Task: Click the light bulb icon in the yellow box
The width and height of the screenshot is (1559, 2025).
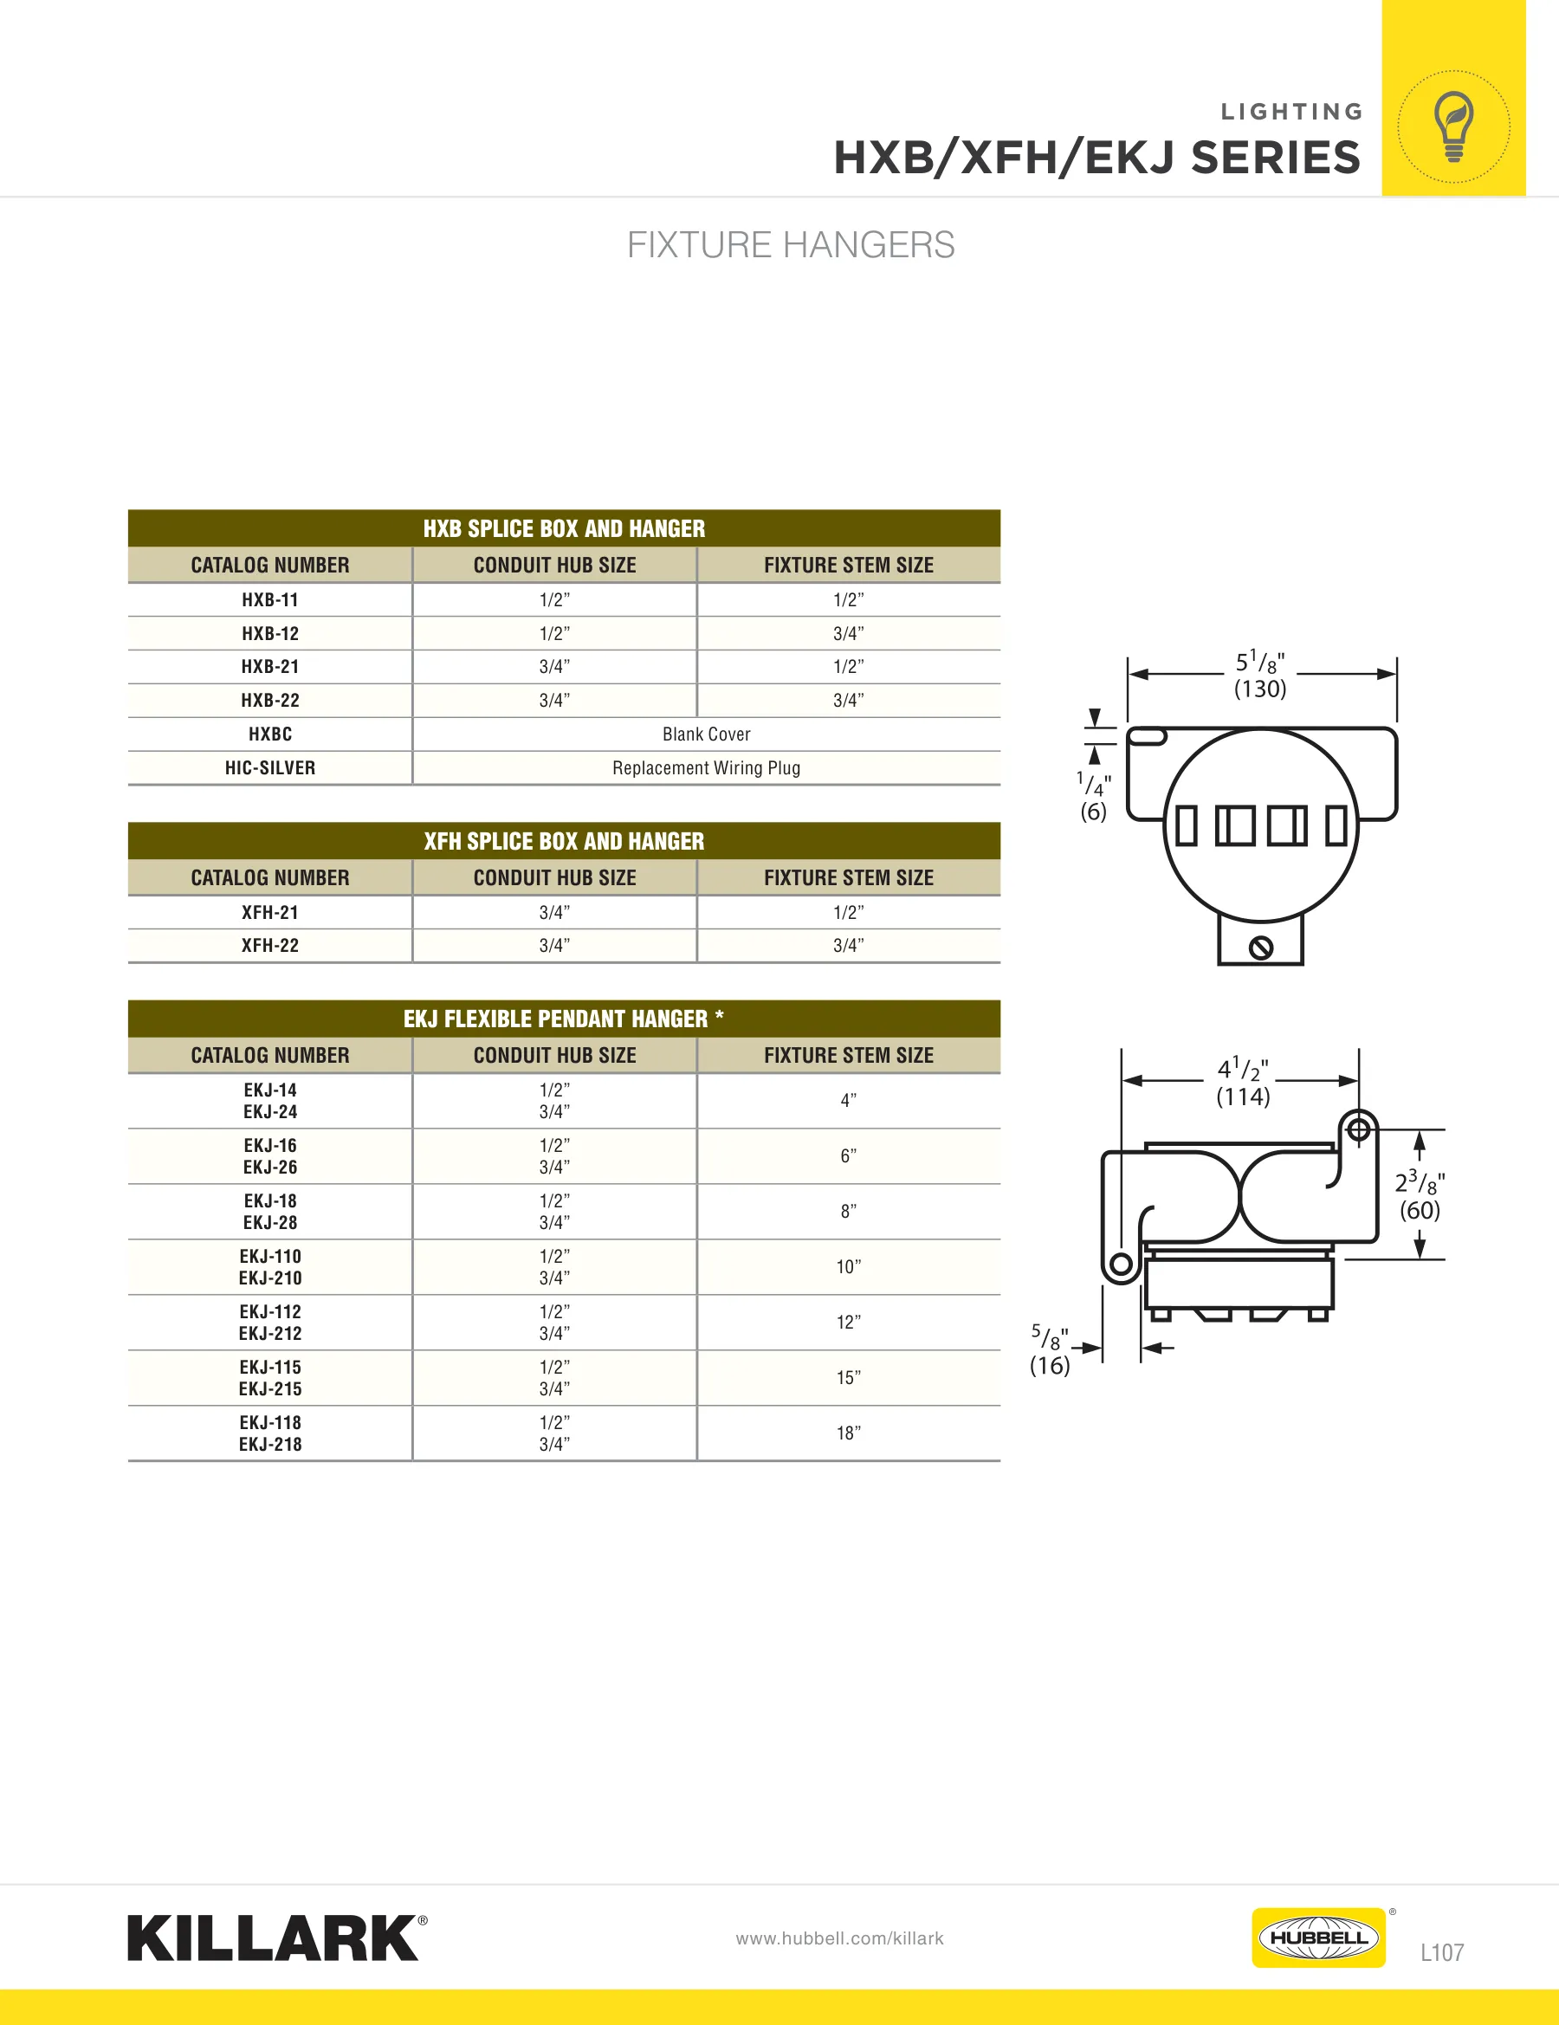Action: tap(1453, 126)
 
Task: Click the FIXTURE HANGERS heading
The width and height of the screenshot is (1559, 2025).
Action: tap(790, 245)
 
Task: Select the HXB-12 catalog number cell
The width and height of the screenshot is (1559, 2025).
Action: tap(270, 633)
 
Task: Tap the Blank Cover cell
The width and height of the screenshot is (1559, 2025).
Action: tap(707, 734)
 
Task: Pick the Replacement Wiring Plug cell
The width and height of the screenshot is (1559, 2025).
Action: tap(707, 767)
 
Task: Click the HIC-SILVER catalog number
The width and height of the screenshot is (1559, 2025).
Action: tap(270, 767)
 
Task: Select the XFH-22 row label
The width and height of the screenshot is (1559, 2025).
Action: tap(270, 946)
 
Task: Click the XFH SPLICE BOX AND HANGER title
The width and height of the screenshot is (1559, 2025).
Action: tap(564, 841)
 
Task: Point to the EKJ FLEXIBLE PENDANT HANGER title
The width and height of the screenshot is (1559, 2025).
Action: tap(564, 1019)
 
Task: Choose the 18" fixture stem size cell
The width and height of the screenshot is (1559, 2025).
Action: tap(849, 1433)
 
